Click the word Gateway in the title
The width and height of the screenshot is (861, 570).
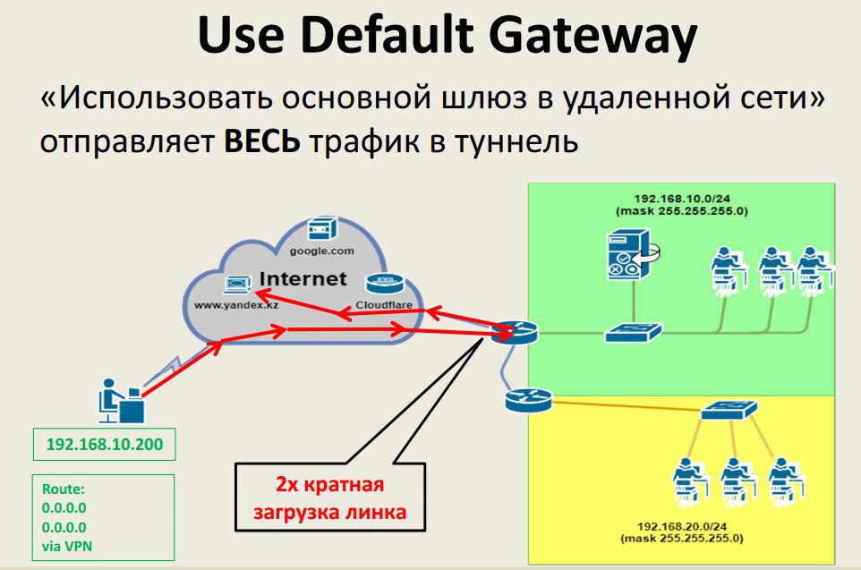[592, 36]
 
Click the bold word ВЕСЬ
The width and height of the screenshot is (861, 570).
[262, 141]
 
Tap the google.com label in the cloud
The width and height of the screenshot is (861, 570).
[322, 251]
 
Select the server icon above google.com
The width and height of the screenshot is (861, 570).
[322, 228]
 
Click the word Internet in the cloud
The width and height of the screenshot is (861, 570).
[303, 279]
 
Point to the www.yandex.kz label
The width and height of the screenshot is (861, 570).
[236, 305]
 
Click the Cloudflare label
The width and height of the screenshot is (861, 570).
[384, 305]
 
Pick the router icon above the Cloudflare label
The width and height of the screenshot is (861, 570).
[384, 284]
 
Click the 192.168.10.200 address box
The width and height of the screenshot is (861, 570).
[105, 444]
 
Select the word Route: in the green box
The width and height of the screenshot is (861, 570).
[64, 489]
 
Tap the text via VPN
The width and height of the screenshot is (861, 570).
[67, 547]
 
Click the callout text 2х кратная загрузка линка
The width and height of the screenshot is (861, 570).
[329, 498]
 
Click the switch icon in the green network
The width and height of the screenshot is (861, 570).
[634, 332]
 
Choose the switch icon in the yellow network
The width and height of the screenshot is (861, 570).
[729, 410]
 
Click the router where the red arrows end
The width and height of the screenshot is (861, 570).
[514, 333]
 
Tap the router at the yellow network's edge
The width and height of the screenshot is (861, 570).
[528, 400]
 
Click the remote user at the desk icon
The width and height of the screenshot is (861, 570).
[122, 401]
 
